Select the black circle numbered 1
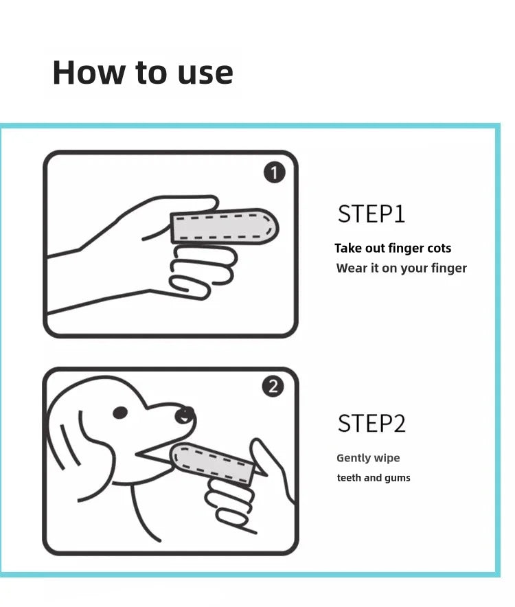(274, 173)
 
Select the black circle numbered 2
(273, 387)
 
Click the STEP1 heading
(371, 214)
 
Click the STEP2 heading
(371, 424)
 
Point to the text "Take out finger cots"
(393, 248)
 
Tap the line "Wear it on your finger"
(401, 268)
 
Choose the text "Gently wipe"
(368, 458)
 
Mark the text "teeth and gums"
(374, 478)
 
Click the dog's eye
(120, 413)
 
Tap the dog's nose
(184, 415)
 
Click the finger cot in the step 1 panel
(223, 226)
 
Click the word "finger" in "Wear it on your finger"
(447, 268)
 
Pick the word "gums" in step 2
(396, 478)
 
